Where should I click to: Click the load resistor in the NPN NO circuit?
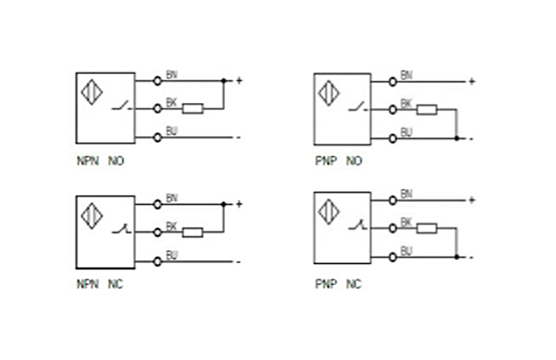point(193,109)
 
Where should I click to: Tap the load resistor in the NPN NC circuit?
point(193,232)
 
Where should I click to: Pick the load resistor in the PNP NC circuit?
point(426,228)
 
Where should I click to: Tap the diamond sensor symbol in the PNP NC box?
point(329,211)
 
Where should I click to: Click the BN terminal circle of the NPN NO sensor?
point(158,80)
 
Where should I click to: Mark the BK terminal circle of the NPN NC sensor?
point(158,232)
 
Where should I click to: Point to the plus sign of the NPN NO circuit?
point(240,80)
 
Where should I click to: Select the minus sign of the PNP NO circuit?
point(471,139)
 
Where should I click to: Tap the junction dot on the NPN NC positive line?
point(224,204)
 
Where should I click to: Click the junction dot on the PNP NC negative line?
point(457,256)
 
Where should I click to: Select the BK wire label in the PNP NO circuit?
point(406,103)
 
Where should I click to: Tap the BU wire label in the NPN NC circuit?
point(172,255)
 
